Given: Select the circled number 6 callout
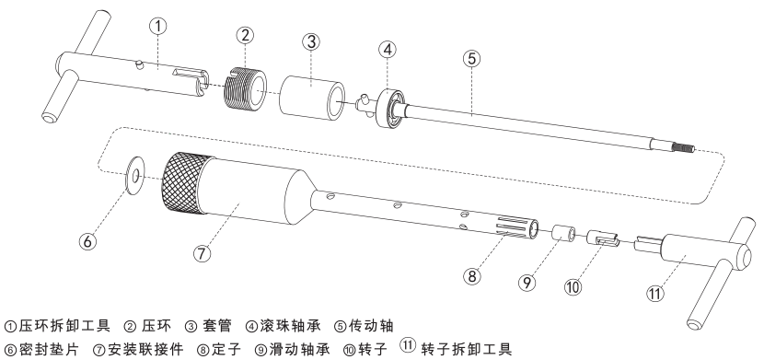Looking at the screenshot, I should click(87, 241).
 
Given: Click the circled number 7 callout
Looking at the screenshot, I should click(203, 253).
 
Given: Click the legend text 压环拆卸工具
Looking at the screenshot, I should click(64, 323).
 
